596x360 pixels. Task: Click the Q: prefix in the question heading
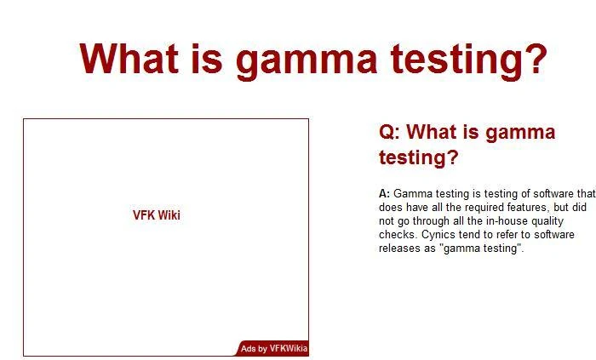pos(388,133)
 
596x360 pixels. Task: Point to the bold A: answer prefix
pos(384,194)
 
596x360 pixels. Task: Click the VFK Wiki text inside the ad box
pos(157,215)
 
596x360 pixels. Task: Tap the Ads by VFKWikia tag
pos(273,349)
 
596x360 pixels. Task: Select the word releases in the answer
pos(398,249)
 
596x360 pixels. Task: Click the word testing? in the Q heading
pos(418,157)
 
